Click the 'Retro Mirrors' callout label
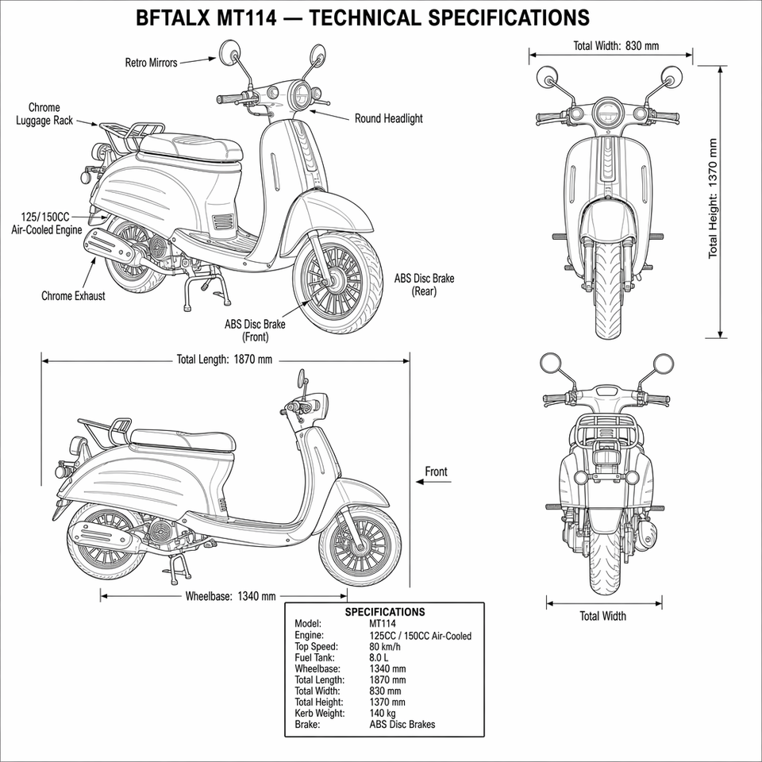click(151, 63)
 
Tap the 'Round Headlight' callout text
click(388, 118)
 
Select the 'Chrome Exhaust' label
click(73, 296)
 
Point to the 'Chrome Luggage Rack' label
click(44, 114)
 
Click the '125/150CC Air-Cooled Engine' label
click(47, 223)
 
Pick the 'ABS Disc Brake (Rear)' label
click(424, 284)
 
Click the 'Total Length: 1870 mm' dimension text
click(225, 360)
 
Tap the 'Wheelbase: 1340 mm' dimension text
click(230, 596)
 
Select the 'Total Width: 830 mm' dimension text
click(616, 46)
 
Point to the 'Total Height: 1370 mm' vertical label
click(712, 198)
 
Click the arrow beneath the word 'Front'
click(433, 482)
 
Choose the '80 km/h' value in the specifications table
click(385, 647)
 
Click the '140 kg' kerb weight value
click(383, 714)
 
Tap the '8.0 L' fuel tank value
click(379, 658)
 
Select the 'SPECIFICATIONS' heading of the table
click(385, 612)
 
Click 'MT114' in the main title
click(246, 18)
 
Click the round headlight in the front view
click(607, 114)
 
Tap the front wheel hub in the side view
click(360, 547)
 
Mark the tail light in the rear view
click(605, 457)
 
